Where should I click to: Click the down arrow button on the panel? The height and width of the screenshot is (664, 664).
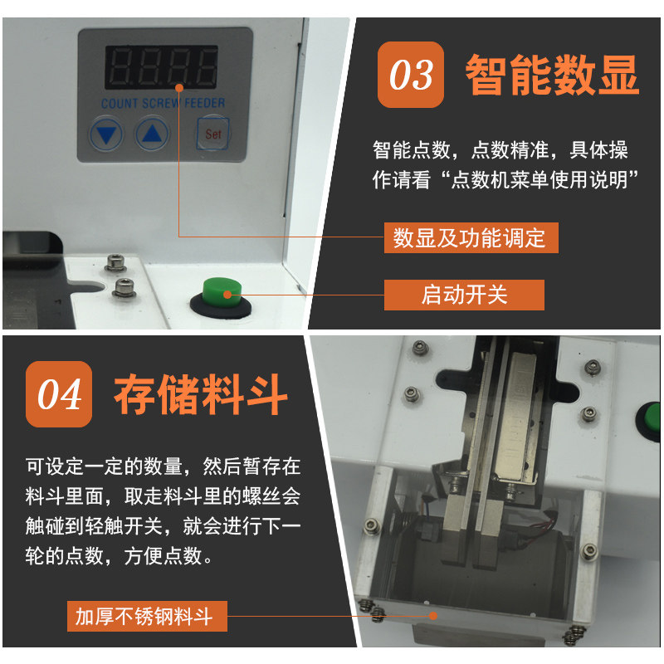(x=106, y=134)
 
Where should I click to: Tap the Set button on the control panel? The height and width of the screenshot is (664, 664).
(x=213, y=134)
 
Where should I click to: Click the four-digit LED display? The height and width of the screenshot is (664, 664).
(x=161, y=67)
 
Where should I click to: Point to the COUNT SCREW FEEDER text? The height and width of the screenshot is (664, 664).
(x=163, y=103)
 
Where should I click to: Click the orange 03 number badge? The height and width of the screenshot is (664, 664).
(x=410, y=75)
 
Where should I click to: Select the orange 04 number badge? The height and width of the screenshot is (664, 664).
(x=59, y=394)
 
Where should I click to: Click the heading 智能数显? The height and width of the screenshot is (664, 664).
(x=552, y=76)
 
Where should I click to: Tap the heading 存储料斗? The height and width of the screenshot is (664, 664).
(x=201, y=395)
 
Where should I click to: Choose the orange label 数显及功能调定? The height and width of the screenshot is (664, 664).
(x=471, y=237)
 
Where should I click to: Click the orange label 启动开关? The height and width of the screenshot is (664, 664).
(x=464, y=295)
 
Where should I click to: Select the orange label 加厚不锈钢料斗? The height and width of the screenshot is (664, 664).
(x=147, y=616)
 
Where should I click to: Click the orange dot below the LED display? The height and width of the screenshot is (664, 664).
(x=179, y=88)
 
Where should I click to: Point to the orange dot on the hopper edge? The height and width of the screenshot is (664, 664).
(x=432, y=616)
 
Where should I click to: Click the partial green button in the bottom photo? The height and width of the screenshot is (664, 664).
(x=650, y=422)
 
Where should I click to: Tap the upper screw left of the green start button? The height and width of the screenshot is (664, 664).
(x=115, y=262)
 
